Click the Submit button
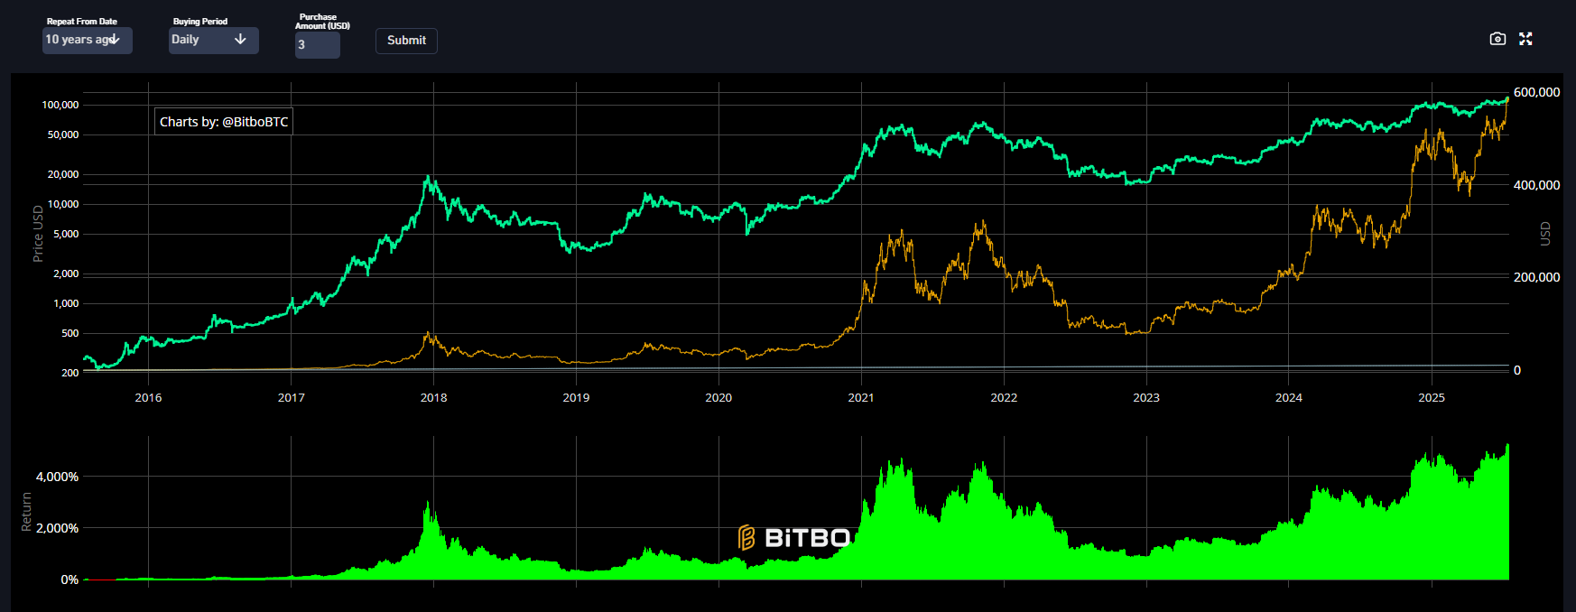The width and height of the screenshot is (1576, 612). coord(406,41)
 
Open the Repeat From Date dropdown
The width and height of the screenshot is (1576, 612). coord(87,40)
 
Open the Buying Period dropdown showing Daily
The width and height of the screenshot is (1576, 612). coord(213,40)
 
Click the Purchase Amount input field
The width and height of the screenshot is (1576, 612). coord(317,44)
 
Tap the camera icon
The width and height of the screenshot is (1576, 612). coord(1497,39)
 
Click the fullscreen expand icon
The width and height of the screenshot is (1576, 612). coord(1525,39)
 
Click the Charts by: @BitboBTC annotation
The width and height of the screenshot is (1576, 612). coord(224,122)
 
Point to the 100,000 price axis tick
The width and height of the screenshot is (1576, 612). coord(60,105)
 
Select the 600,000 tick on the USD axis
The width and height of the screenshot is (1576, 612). coord(1536,92)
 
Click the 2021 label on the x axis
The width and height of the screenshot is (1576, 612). coord(861,397)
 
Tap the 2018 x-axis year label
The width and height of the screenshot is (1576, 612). coord(433,397)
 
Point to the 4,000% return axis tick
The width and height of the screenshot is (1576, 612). coord(57,477)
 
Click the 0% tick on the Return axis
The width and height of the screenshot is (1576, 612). coord(70,580)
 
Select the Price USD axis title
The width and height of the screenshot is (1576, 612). coord(38,234)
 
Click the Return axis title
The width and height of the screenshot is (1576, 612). coord(26,512)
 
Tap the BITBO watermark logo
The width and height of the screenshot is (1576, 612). coord(794,538)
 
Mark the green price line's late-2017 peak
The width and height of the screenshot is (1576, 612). coord(429,178)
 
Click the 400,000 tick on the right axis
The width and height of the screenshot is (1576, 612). coord(1536,185)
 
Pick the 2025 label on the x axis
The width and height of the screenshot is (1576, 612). coord(1432,397)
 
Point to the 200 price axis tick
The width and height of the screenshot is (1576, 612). coord(70,372)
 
